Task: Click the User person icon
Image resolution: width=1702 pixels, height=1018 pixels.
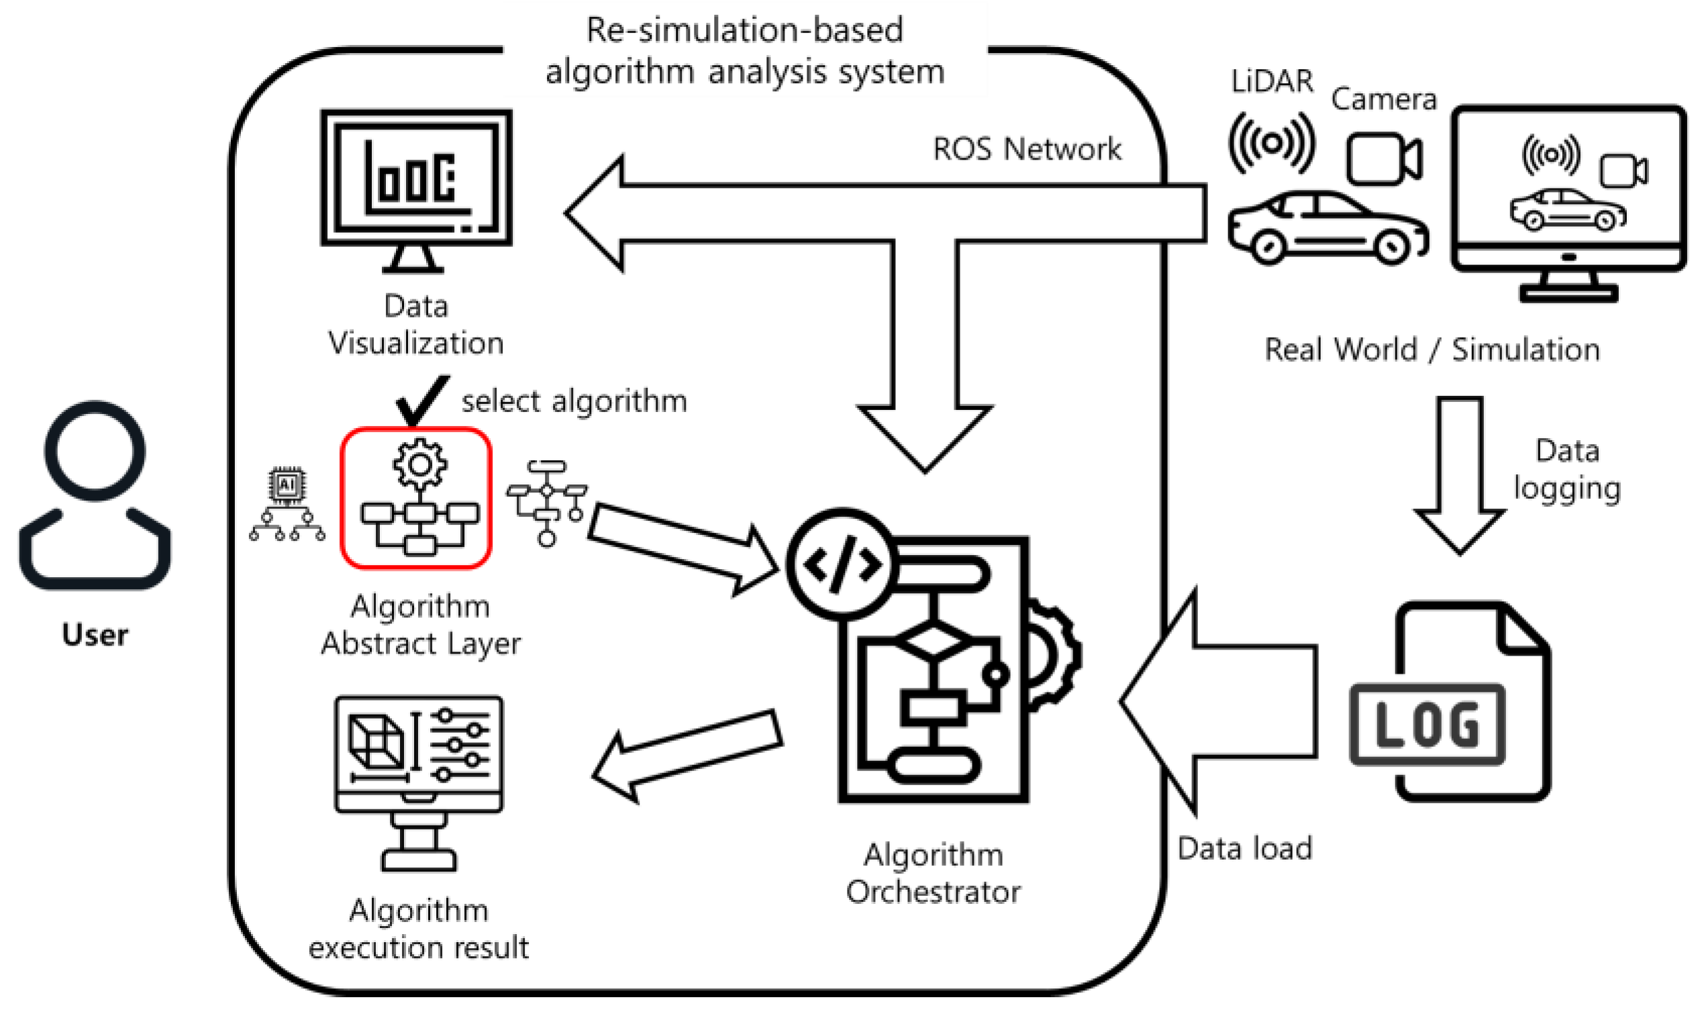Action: [x=95, y=494]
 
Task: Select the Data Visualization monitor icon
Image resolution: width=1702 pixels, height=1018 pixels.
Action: [x=416, y=189]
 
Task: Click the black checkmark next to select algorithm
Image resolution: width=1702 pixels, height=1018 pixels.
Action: [x=421, y=399]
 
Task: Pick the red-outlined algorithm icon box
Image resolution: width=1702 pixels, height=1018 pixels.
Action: [x=416, y=498]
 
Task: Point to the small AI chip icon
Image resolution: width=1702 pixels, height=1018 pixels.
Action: [x=287, y=486]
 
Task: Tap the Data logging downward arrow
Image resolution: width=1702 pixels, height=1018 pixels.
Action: [x=1460, y=473]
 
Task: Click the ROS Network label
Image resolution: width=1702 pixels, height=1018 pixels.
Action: [x=1027, y=149]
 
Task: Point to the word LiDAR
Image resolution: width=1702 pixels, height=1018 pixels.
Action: [x=1271, y=81]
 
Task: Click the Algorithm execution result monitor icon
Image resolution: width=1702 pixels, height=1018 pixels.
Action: [x=419, y=782]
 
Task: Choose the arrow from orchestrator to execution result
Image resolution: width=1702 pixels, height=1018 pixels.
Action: [x=686, y=754]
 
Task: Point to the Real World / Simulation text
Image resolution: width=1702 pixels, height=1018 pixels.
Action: [x=1432, y=350]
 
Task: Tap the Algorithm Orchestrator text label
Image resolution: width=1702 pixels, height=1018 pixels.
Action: [x=933, y=873]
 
